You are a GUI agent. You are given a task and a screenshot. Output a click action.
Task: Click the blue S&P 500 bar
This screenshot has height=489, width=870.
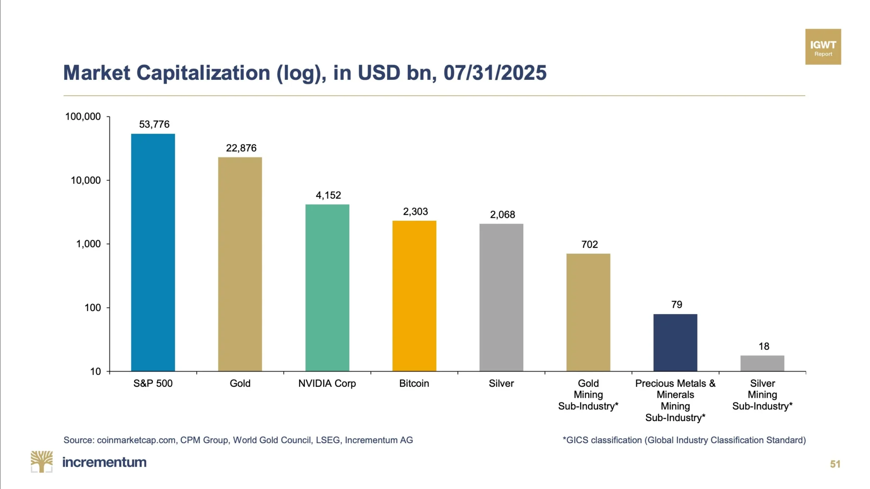coord(153,253)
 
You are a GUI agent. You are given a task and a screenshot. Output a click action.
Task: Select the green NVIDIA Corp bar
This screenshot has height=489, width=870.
coord(327,288)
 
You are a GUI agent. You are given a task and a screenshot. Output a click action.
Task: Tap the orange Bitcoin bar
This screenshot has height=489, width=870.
coord(414,296)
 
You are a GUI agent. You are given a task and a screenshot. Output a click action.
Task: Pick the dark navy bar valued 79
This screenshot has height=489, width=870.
coord(675,343)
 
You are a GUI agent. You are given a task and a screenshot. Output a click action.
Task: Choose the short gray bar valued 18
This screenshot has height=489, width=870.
coord(762,363)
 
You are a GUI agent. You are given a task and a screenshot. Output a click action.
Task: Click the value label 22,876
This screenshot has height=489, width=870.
coord(241,148)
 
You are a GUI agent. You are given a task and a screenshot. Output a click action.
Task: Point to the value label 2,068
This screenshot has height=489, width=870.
coord(503,215)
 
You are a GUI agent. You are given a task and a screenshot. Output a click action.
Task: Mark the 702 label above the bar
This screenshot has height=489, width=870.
coord(590,244)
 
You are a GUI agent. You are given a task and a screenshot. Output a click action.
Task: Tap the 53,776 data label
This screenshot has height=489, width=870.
coord(154,124)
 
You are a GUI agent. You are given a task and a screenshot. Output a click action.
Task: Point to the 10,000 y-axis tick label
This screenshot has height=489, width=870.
coord(86,180)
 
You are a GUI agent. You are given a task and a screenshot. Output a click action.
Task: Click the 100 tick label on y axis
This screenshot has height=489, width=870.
coord(93,308)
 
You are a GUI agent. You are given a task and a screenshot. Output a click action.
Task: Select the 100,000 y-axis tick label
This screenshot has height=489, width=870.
coord(83,117)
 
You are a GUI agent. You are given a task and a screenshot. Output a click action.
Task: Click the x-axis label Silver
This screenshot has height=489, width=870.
coord(501,383)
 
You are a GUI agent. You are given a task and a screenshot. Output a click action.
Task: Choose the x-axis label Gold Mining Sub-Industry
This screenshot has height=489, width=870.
coord(588,395)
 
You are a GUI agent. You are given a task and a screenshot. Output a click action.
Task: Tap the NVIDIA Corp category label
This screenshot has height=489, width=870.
coord(327,384)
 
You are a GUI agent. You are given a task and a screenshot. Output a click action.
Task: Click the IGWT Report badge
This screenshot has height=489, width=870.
coord(823,47)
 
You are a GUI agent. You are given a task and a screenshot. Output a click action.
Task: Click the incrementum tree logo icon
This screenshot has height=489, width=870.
coord(42,462)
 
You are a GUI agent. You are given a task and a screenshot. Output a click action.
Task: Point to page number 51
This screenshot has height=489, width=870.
coord(835,464)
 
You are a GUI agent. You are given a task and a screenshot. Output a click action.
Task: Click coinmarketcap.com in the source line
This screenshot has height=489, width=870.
coord(136,440)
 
